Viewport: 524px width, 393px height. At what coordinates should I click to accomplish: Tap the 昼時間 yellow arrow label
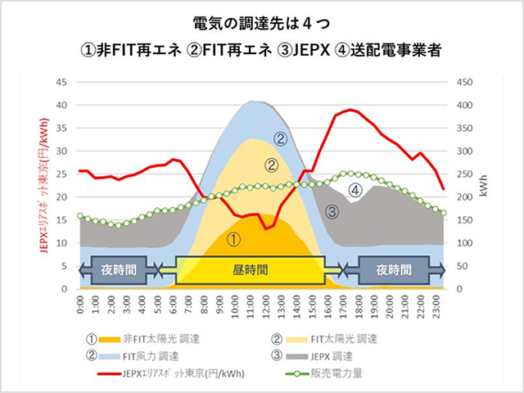pos(250,269)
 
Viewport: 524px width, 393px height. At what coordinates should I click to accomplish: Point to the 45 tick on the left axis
pos(61,83)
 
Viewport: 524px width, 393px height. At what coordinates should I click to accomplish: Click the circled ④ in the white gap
pos(355,190)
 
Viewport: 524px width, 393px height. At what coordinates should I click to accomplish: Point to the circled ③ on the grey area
pos(332,212)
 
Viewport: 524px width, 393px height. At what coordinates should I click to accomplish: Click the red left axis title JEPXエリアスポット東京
pos(43,185)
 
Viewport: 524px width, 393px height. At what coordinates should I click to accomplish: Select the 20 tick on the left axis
pos(61,197)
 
